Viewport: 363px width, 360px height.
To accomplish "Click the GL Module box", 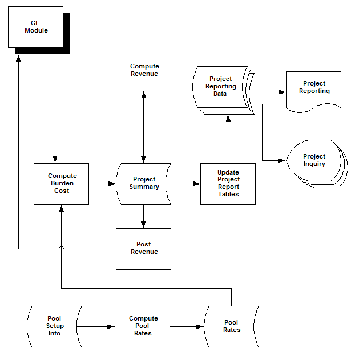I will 36,27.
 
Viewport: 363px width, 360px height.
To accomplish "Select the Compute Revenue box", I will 143,70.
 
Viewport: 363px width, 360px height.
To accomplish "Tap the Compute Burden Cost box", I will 62,184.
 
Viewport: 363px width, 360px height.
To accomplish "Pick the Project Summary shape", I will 143,184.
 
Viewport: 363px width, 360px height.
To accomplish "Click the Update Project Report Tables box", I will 228,184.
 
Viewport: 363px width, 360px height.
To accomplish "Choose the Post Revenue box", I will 143,249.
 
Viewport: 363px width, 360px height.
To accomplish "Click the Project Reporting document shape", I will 314,88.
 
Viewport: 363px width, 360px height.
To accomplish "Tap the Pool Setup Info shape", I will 55,326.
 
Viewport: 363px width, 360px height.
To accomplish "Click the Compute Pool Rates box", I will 143,326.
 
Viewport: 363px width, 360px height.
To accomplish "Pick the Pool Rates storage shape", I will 231,326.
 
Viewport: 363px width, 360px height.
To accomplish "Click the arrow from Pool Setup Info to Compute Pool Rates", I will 96,326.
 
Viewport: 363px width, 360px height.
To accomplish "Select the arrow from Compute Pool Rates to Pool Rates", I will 188,326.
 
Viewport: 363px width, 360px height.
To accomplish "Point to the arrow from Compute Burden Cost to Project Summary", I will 103,184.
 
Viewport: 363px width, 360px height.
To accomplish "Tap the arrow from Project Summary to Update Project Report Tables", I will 186,184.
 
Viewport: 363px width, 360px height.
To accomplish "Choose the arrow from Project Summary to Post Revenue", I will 143,217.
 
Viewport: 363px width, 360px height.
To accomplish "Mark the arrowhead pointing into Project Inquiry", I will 281,161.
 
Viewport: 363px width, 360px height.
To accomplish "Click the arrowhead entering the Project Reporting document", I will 281,91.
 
